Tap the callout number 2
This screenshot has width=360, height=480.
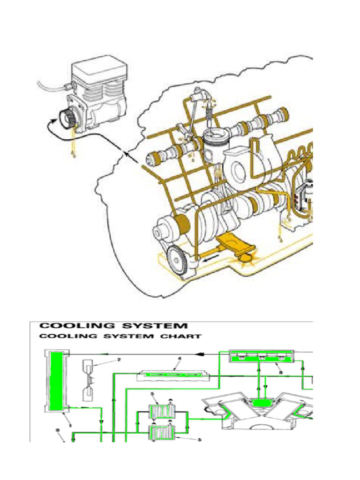pos(119,360)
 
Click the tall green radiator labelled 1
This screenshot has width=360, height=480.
pos(56,380)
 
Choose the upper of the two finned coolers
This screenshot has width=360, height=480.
pos(161,414)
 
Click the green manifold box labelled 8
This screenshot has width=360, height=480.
pos(262,357)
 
